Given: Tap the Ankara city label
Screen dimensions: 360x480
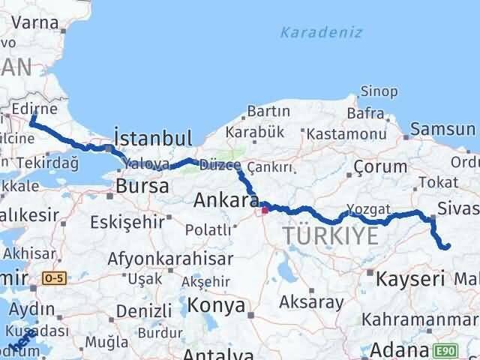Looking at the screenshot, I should [226, 200].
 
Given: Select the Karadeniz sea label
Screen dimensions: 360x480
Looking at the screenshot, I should [320, 32].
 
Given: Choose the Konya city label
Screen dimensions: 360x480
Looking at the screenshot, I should [216, 305].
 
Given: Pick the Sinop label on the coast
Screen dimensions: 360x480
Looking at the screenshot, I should [379, 91].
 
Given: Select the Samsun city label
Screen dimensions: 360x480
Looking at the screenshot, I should [444, 130].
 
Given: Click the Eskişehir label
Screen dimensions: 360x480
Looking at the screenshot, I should [125, 222].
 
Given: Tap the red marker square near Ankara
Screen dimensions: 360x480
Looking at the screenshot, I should [264, 210].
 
